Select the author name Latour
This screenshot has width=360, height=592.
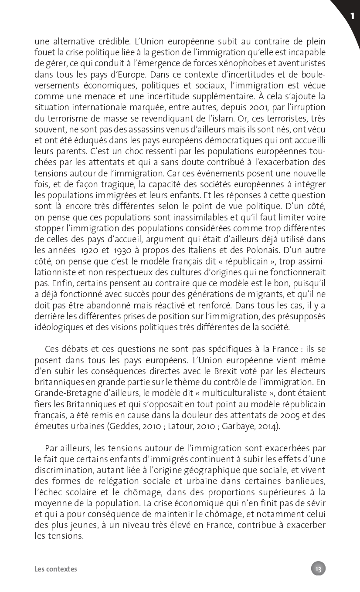[180, 426]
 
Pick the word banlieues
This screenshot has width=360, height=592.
[306, 481]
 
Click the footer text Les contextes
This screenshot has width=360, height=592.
[56, 569]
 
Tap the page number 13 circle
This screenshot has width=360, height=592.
[318, 568]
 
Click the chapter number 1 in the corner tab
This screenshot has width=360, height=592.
[352, 17]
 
